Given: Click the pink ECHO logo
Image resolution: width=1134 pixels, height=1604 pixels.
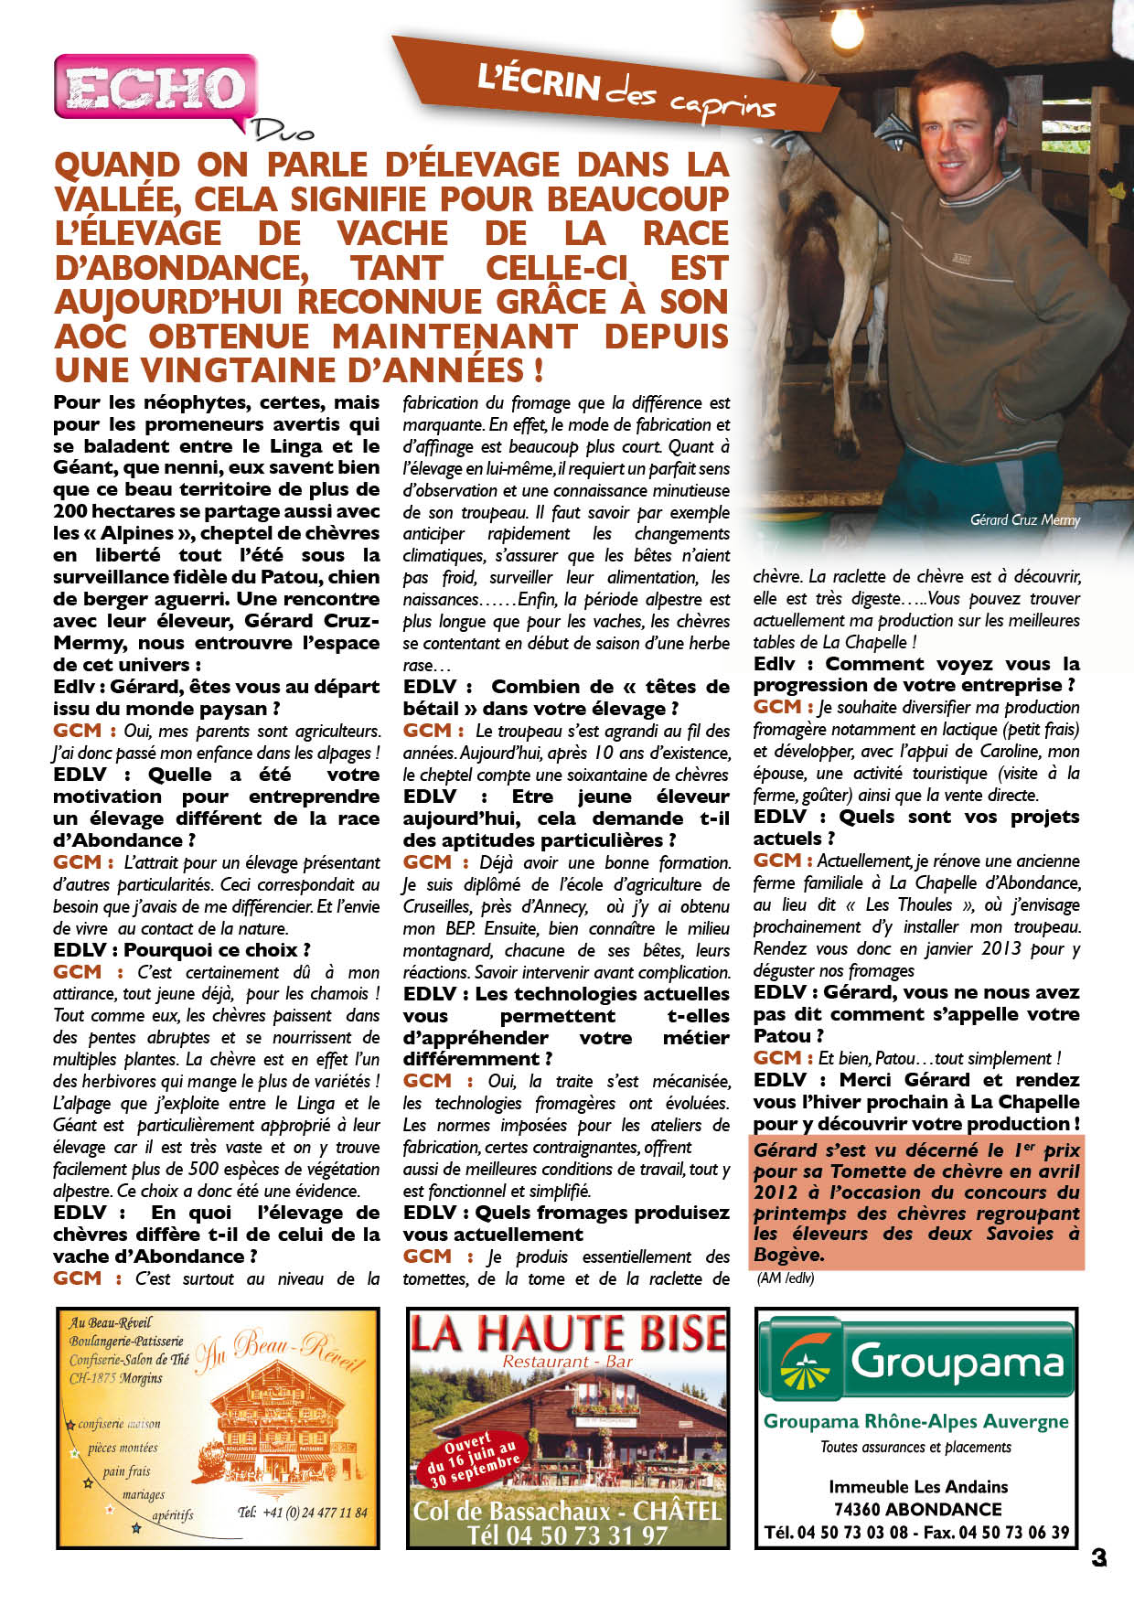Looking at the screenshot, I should [154, 88].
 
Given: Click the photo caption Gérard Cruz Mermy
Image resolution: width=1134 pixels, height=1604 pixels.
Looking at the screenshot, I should [1024, 520].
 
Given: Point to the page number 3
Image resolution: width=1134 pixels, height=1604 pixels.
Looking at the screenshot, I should [1098, 1557].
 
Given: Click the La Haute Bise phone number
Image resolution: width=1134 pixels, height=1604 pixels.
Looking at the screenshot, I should [567, 1535].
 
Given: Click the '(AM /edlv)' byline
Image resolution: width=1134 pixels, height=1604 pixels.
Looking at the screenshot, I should [785, 1278].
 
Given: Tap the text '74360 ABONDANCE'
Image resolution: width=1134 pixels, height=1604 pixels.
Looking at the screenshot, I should [917, 1509].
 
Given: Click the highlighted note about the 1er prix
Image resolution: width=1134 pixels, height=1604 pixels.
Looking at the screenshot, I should [916, 1202].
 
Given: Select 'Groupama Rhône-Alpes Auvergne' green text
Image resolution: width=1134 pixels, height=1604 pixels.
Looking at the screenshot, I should [915, 1421].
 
